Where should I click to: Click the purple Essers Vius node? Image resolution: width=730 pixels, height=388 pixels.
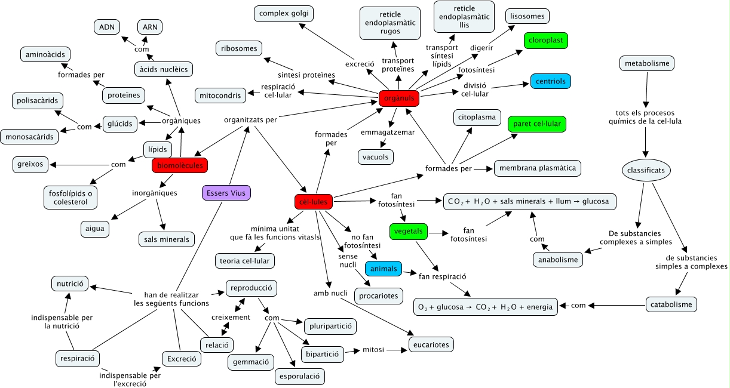coord(226,193)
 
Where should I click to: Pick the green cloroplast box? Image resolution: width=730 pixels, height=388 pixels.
coord(545,41)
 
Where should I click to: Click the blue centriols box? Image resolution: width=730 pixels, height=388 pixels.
coord(551,81)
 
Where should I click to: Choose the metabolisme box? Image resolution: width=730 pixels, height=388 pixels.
coord(647,63)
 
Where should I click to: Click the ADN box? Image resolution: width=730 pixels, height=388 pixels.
coord(108,27)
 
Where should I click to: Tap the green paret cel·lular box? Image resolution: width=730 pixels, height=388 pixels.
coord(536,124)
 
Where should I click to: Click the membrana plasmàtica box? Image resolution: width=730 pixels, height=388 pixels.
coord(537,168)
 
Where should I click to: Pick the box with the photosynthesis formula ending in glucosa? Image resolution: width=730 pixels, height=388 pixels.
coord(529,201)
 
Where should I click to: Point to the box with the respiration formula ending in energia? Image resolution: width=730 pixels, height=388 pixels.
coord(486,307)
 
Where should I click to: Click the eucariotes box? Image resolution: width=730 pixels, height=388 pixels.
coord(431,344)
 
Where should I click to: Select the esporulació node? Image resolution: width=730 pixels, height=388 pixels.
coord(299,376)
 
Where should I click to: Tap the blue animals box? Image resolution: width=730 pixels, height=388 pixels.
coord(384,269)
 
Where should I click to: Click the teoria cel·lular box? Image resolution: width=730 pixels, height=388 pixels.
coord(246,260)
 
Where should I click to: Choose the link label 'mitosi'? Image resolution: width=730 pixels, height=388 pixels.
coord(373,350)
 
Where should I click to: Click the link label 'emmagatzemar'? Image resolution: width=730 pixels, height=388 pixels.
coord(388,132)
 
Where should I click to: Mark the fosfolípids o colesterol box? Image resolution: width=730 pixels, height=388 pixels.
coord(70,197)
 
